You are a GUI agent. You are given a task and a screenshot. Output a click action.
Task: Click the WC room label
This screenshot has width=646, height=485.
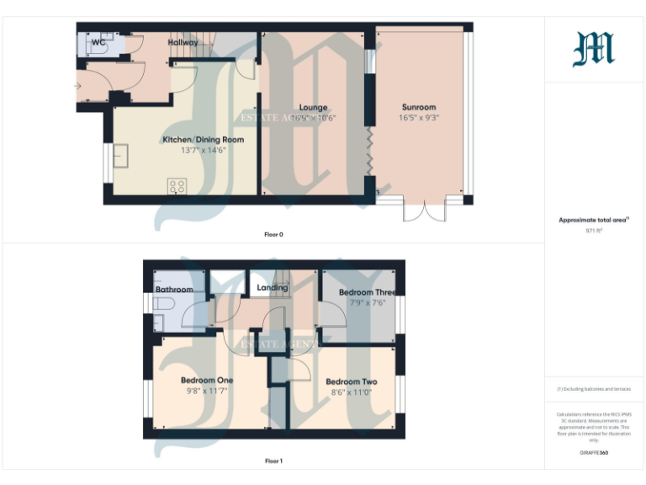point(98,41)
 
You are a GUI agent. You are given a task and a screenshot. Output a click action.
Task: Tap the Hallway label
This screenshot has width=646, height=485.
point(183,42)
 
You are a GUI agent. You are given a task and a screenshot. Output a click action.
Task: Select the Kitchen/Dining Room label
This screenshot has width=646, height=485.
point(203,139)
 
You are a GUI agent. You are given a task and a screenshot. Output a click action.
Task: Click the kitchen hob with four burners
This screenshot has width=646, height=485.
point(177,186)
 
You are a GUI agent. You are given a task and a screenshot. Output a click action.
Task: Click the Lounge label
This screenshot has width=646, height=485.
point(313,108)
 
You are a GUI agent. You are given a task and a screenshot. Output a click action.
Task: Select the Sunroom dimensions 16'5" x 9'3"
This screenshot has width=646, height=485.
point(419,118)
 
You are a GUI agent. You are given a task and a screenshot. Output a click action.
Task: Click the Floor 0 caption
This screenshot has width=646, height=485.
point(274,234)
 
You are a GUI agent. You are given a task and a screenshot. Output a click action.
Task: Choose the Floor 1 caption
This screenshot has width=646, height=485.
point(274,461)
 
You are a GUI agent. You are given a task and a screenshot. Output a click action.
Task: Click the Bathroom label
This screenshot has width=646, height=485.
point(174,290)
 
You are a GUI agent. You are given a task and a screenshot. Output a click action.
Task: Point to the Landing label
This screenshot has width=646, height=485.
point(273,288)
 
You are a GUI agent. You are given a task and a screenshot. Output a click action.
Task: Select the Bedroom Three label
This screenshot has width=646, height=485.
point(367,292)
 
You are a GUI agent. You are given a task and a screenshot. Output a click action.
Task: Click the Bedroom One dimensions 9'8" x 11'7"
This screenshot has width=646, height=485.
point(206,391)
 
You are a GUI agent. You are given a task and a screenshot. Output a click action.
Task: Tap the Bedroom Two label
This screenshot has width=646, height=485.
point(354,381)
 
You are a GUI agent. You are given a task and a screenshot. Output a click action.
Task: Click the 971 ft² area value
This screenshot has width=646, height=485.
point(594,229)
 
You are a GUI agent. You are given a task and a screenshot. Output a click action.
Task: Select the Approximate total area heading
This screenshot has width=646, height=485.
point(593,220)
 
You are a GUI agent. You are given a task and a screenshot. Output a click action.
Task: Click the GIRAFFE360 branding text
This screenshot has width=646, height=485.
point(594,453)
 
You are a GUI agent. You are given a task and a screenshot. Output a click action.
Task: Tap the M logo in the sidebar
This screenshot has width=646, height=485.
point(594,49)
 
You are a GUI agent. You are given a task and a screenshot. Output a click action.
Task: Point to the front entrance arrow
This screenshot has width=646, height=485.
point(78,86)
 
